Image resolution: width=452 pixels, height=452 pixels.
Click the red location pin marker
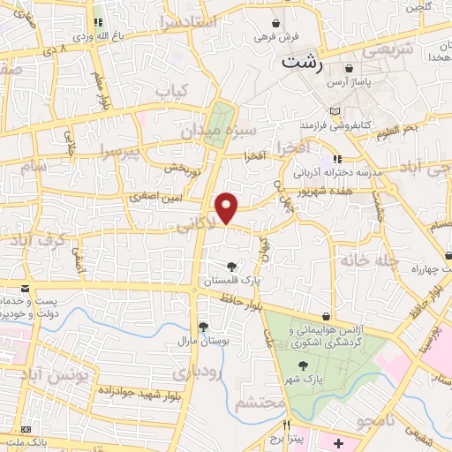[227, 207]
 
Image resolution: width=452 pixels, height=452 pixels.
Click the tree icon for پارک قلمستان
[231, 267]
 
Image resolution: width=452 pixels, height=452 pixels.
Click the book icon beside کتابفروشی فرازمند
[334, 112]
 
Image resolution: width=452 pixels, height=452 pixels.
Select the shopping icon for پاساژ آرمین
[350, 69]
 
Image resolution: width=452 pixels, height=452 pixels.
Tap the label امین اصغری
[154, 197]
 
